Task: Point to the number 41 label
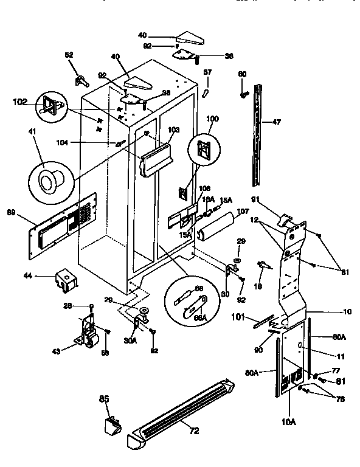point(32,131)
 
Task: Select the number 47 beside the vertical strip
point(276,122)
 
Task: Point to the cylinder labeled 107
point(217,227)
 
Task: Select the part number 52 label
point(68,55)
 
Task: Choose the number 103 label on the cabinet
point(174,130)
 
